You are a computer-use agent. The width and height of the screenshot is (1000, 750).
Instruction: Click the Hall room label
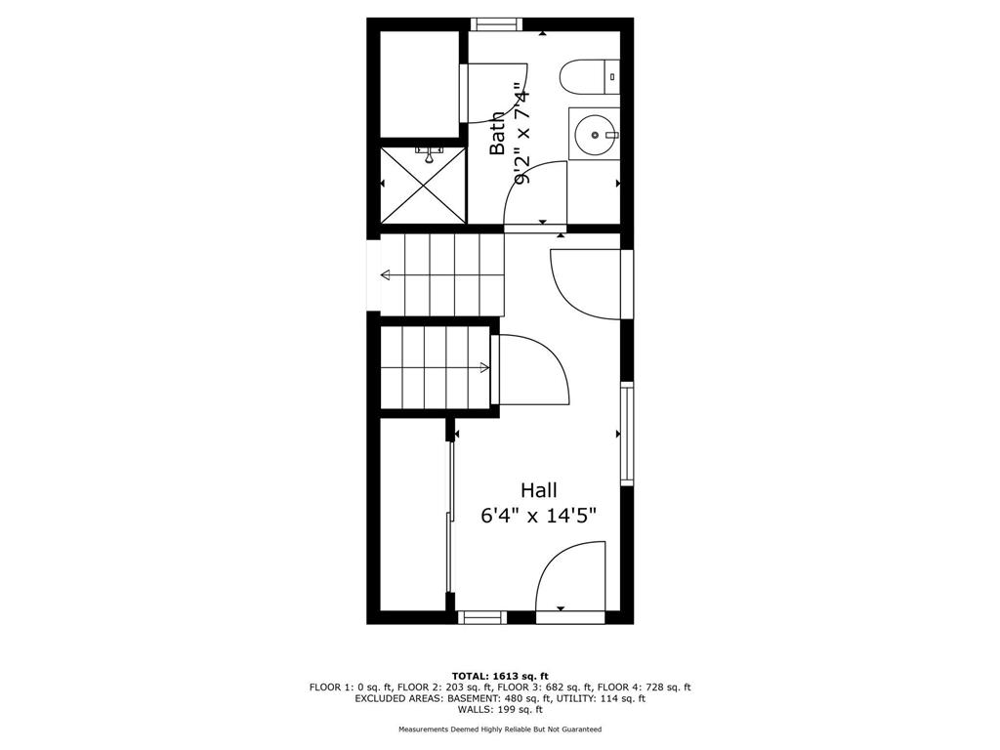point(539,490)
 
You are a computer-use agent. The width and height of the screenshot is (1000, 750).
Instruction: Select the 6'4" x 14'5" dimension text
point(539,516)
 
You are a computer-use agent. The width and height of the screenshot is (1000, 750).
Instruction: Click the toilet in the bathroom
point(589,77)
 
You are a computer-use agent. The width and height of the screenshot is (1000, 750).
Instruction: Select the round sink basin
point(595,135)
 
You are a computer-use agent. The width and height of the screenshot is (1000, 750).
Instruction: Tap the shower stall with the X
point(424,185)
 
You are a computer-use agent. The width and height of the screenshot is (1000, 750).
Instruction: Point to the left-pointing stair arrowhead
point(386,275)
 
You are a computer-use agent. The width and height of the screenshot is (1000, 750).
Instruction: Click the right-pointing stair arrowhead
point(484,367)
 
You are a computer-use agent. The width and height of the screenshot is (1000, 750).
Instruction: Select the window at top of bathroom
point(496,24)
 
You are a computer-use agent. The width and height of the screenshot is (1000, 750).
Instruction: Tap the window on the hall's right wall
point(628,434)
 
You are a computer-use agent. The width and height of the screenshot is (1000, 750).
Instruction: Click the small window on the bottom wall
point(482,617)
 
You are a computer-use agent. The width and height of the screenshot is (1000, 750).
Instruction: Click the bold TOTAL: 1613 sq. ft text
point(500,676)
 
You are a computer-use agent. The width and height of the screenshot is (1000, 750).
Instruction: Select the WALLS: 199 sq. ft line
point(500,709)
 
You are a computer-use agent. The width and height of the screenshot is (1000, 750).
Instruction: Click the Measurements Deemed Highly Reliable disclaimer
point(500,729)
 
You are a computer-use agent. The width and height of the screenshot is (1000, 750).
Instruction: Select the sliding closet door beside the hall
point(449,517)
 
